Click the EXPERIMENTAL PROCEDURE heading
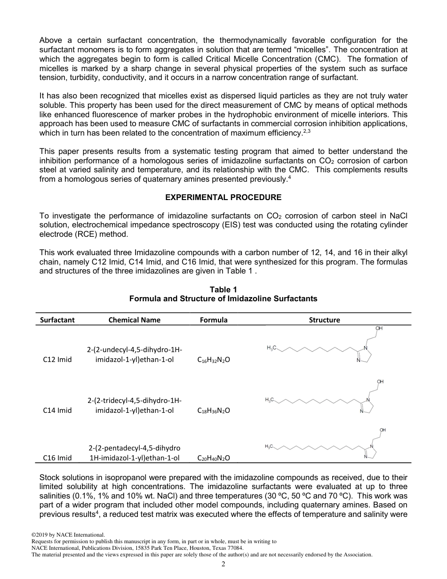(223, 197)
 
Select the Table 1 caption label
(223, 289)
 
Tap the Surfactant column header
(57, 320)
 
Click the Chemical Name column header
(134, 320)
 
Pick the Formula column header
(214, 320)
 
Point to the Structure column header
(324, 320)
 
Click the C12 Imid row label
(57, 360)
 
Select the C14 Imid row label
(57, 410)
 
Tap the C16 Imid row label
(57, 458)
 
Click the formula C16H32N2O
(214, 360)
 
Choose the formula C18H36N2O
(214, 410)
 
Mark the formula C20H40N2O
(214, 458)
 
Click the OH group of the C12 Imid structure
(379, 329)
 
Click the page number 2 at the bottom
(223, 564)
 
